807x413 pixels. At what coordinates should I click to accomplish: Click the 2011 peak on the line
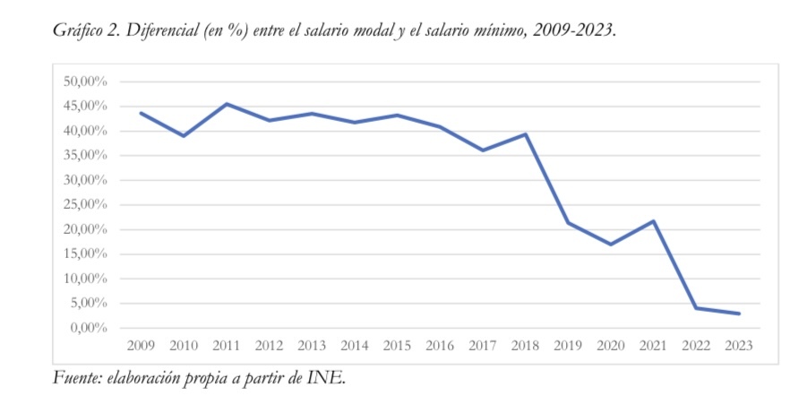[x=226, y=104]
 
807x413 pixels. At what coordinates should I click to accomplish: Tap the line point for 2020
[x=610, y=244]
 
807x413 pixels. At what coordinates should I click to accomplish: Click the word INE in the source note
[x=326, y=378]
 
